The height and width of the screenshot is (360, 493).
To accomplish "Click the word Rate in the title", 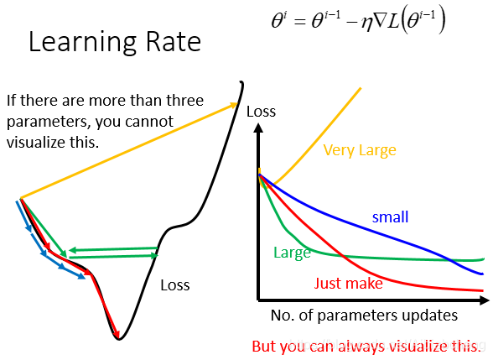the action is (174, 42).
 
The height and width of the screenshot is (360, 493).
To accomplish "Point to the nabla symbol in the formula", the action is (380, 21).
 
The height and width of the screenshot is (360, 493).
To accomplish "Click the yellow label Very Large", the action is (360, 150).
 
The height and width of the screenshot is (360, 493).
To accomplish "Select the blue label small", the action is (390, 217).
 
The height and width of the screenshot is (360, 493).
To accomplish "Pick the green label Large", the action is (292, 253).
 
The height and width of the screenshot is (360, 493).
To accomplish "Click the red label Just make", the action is (349, 284).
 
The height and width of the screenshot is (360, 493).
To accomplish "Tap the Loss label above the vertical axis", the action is (261, 112).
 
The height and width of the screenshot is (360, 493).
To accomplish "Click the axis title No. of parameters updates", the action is (364, 316).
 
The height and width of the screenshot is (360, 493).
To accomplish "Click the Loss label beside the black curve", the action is (175, 285).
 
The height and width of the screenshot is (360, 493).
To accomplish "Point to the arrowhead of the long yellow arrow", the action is (234, 105).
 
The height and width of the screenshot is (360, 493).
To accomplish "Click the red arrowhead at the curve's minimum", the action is (117, 334).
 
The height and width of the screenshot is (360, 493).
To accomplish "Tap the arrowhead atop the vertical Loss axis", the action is (258, 128).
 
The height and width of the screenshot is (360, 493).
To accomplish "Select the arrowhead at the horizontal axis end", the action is (485, 300).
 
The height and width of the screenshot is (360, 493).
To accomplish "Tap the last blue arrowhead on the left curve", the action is (81, 276).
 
